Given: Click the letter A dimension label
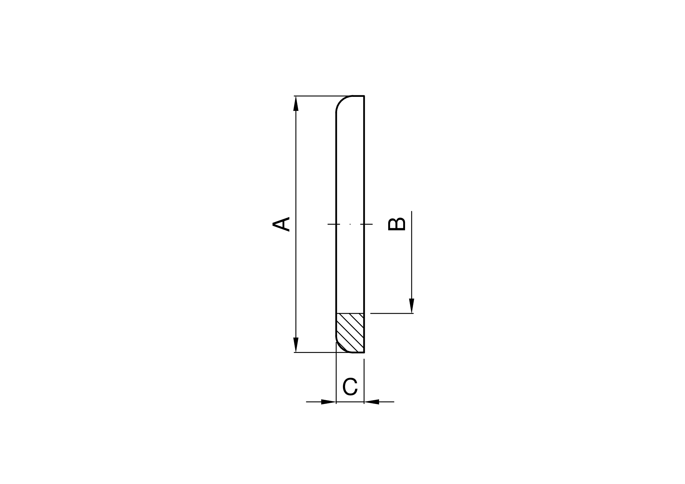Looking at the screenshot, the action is [281, 224].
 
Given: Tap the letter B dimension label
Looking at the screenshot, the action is [396, 224].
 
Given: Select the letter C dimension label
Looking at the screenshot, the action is [350, 387].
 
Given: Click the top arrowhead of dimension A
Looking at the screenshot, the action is [296, 103].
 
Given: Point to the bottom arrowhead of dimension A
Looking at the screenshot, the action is [296, 345].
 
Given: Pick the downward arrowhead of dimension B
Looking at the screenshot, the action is [412, 306].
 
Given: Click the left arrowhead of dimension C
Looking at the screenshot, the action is [329, 402].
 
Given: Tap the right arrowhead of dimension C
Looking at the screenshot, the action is [371, 402].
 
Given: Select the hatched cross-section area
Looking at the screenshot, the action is [350, 333].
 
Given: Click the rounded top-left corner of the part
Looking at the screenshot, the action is [341, 101].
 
